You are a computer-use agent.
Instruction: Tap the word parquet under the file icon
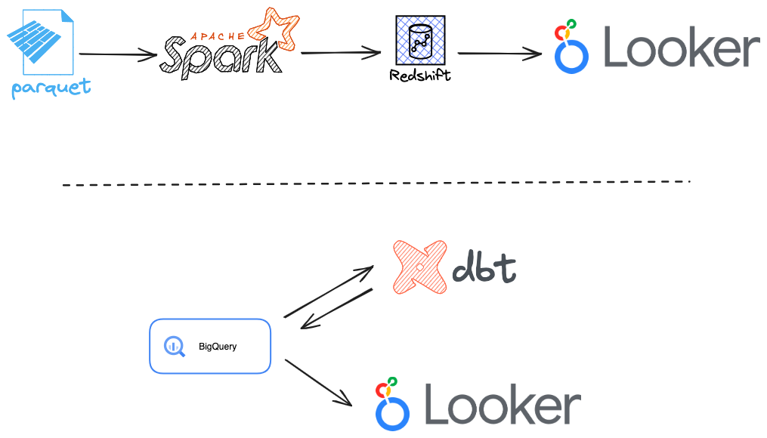tap(51, 88)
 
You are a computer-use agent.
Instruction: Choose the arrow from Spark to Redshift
tap(340, 53)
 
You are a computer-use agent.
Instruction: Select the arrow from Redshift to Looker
tap(499, 54)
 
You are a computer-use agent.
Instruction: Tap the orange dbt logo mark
tap(418, 267)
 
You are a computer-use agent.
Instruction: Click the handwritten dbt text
tap(484, 269)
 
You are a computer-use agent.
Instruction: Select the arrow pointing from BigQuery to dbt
tap(328, 291)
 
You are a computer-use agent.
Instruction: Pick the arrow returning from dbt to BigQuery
tap(337, 309)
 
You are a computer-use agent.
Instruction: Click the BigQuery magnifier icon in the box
tap(175, 346)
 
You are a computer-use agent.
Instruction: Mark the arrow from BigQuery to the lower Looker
tap(317, 382)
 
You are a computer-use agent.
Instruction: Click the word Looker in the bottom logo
tap(503, 406)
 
